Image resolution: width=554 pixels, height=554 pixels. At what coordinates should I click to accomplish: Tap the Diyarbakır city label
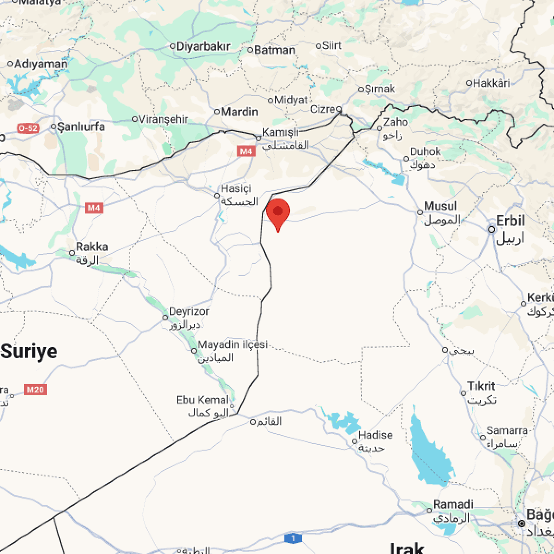coord(204,46)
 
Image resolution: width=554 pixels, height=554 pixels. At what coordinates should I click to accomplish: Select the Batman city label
coord(275,50)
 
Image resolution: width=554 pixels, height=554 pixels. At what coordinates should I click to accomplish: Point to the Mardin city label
coord(239,112)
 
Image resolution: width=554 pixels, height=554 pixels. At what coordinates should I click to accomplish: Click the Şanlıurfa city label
coord(81,126)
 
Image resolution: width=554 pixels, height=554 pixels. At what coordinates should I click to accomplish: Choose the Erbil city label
coord(510,221)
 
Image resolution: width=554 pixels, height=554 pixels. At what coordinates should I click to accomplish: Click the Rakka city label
coord(92,247)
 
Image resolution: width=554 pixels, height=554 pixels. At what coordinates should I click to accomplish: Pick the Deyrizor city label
coord(189,312)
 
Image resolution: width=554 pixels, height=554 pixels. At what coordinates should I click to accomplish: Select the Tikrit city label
coord(481,386)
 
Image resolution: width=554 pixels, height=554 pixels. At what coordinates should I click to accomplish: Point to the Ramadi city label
coord(453,504)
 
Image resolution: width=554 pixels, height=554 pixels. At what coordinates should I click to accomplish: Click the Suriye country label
coord(30,351)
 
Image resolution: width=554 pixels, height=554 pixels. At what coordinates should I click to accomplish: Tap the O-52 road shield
coord(28,128)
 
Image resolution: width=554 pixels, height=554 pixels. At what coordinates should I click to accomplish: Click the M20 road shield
coord(36,390)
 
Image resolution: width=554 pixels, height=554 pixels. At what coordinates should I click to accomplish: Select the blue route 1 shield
coord(293,538)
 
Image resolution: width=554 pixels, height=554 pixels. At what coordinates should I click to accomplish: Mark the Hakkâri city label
coord(491,83)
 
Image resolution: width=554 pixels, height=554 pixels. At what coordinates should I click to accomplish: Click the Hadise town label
coord(375,435)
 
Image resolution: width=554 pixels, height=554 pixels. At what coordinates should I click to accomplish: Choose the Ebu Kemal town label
coord(202,400)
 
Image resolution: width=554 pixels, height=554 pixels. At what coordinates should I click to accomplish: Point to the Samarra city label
coord(507,430)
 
